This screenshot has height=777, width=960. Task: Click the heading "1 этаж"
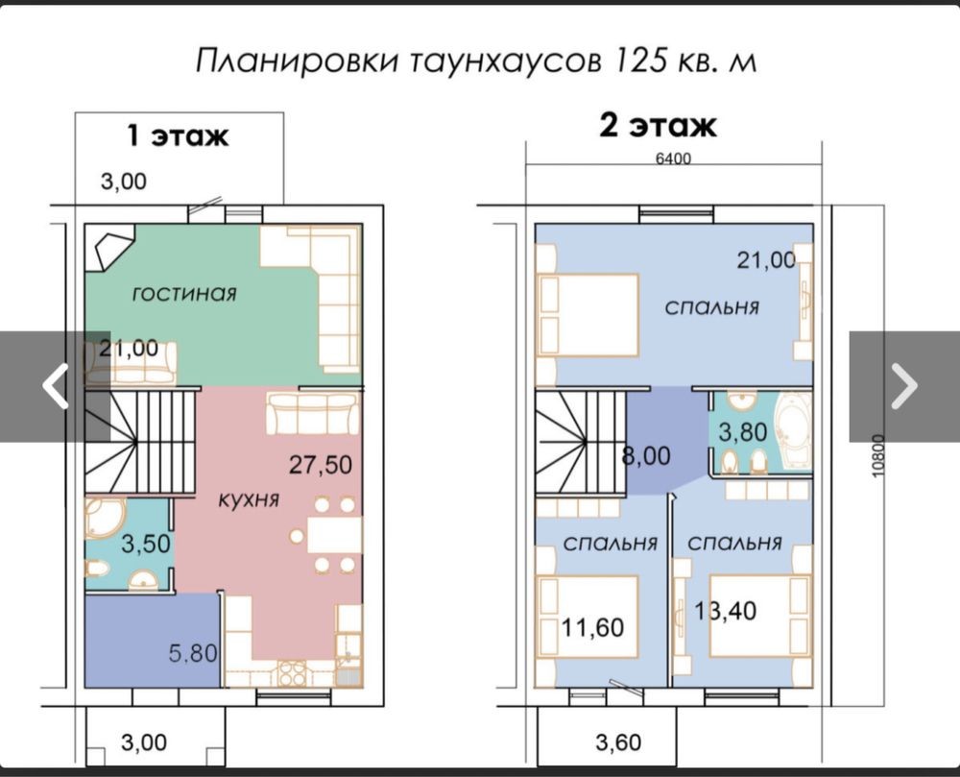tap(178, 135)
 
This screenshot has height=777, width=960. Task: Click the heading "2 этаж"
tap(658, 126)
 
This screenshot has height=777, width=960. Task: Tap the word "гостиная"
tap(184, 294)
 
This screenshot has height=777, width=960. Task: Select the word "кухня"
tap(249, 499)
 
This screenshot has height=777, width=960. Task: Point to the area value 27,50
tap(321, 465)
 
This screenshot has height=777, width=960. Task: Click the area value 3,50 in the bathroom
tap(146, 543)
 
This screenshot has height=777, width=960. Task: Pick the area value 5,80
tap(193, 653)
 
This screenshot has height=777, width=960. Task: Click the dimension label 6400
tap(673, 158)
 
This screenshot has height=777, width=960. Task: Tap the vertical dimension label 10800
tap(877, 456)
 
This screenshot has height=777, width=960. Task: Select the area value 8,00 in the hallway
tap(646, 456)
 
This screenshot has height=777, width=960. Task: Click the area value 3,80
tap(743, 432)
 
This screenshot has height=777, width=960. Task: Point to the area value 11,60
tap(592, 627)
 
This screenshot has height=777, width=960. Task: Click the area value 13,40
tap(726, 611)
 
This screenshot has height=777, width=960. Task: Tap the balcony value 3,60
tap(618, 742)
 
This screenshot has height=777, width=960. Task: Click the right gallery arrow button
tap(904, 386)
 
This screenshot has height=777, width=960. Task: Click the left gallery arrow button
tap(55, 386)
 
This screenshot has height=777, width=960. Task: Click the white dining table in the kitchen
tap(334, 535)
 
